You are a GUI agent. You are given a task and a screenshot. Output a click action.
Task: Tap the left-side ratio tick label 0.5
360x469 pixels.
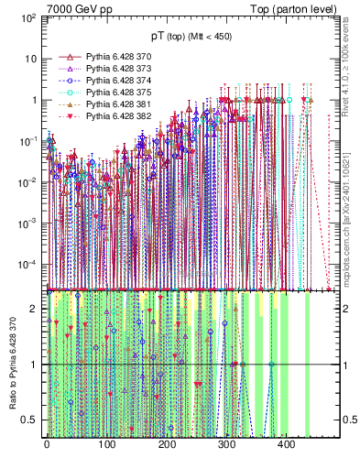29,420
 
